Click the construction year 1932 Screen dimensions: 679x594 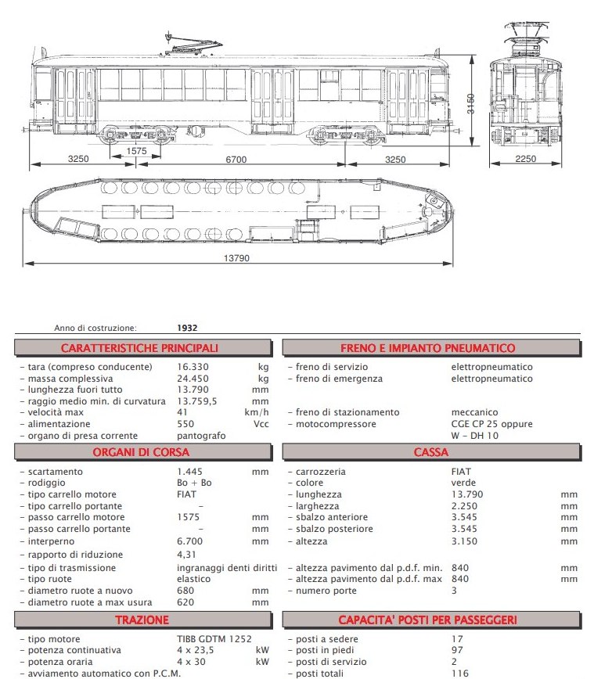(188, 329)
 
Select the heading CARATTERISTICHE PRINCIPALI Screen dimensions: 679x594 (140, 348)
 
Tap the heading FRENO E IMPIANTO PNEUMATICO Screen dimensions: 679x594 (427, 348)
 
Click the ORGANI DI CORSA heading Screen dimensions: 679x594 (141, 452)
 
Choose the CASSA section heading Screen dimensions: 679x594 (431, 452)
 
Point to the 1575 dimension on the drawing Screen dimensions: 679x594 (136, 151)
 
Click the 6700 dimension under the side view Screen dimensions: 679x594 (236, 160)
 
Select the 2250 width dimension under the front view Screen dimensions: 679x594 (526, 160)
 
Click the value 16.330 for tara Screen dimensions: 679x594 (194, 367)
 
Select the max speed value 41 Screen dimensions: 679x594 (183, 412)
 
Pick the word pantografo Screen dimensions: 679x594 (202, 436)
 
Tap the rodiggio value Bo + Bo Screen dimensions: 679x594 (195, 483)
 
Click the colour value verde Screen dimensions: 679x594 (464, 483)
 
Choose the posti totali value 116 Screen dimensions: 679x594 (460, 674)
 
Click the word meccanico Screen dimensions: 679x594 (476, 412)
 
